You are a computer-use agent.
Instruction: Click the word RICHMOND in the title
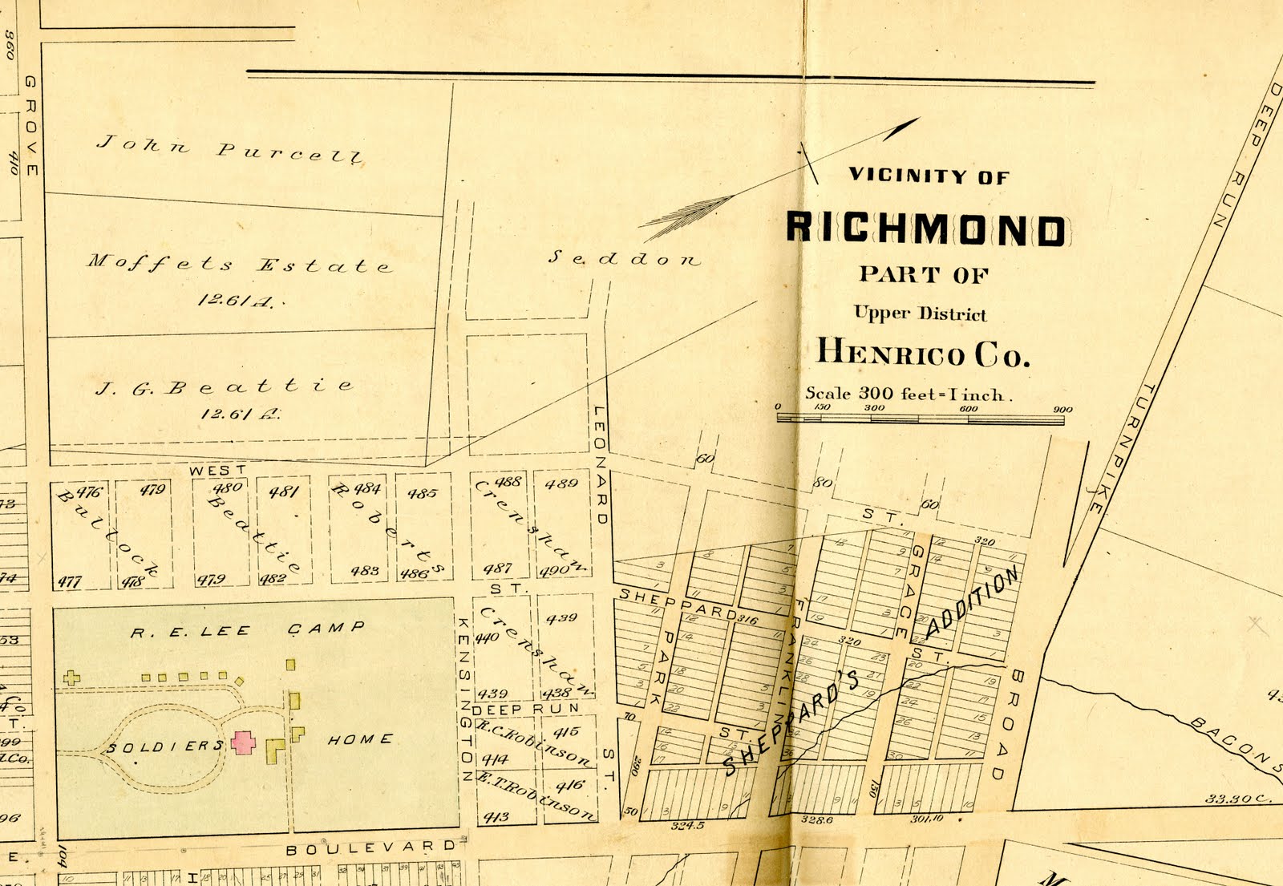pos(925,229)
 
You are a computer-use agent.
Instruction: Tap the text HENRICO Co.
pos(922,353)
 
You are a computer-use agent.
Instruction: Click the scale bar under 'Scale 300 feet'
pos(920,418)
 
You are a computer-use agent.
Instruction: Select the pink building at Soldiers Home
pos(243,742)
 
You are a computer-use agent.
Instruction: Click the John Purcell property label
pos(229,149)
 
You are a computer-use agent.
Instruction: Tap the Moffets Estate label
pos(239,264)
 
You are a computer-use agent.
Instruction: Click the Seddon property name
pos(623,258)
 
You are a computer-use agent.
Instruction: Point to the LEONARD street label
pos(600,465)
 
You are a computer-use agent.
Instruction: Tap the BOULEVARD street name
pos(370,848)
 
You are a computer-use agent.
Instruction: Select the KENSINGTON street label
pos(464,698)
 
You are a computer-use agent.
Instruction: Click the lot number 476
pos(88,492)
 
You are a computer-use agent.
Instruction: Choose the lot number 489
pos(561,483)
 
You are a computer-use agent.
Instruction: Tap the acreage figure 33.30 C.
pos(1237,799)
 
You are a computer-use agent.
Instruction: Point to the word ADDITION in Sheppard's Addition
pos(972,603)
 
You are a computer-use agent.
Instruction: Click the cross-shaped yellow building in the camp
pos(71,678)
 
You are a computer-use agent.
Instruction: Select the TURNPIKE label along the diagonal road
pos(1123,449)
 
